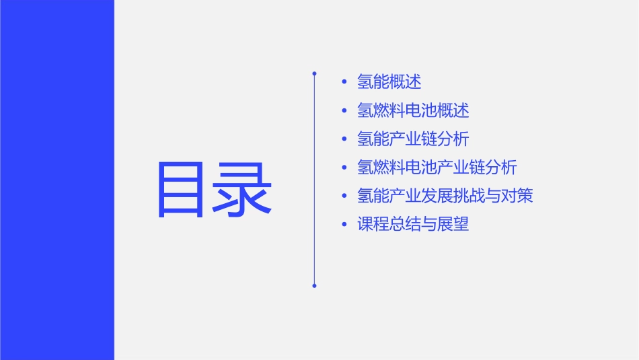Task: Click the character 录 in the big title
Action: click(243, 189)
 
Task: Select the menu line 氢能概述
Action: click(389, 82)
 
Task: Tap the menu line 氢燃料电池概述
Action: click(413, 110)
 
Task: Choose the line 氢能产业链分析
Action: click(413, 139)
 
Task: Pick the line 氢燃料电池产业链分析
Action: click(437, 168)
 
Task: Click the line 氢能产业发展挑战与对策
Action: click(445, 196)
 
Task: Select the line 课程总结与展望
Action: click(413, 224)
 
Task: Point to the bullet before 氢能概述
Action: click(344, 82)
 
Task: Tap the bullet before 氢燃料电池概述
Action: click(344, 110)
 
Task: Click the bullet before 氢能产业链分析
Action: click(344, 139)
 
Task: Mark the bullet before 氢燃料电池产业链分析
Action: click(344, 168)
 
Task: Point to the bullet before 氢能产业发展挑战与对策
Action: click(344, 196)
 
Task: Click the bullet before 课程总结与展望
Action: click(344, 224)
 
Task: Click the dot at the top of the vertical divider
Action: click(314, 73)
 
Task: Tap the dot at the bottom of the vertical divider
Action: click(314, 286)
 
